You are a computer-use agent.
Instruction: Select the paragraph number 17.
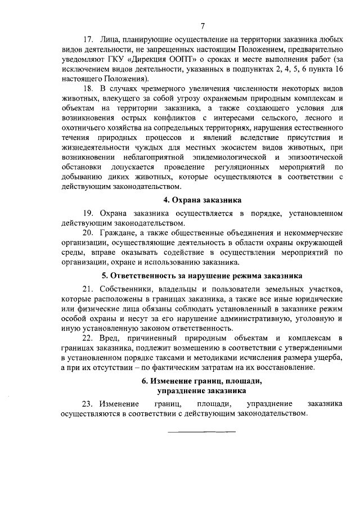point(88,40)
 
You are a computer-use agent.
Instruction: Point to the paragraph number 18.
point(88,89)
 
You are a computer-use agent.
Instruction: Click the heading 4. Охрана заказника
point(202,200)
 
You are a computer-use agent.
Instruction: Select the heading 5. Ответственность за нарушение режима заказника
point(202,276)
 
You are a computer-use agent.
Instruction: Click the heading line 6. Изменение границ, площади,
point(202,380)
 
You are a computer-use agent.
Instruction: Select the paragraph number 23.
point(88,404)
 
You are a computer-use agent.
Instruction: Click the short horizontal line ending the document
point(202,431)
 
